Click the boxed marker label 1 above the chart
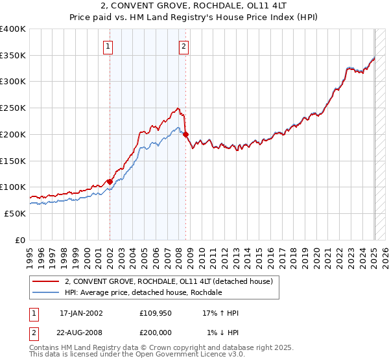click(x=108, y=45)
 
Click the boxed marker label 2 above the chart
click(x=184, y=45)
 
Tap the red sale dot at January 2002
click(x=110, y=181)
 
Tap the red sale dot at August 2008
click(x=186, y=135)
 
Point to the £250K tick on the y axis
click(x=14, y=108)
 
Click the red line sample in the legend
click(x=46, y=281)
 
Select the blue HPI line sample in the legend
click(x=46, y=292)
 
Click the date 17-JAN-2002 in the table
click(x=81, y=312)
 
